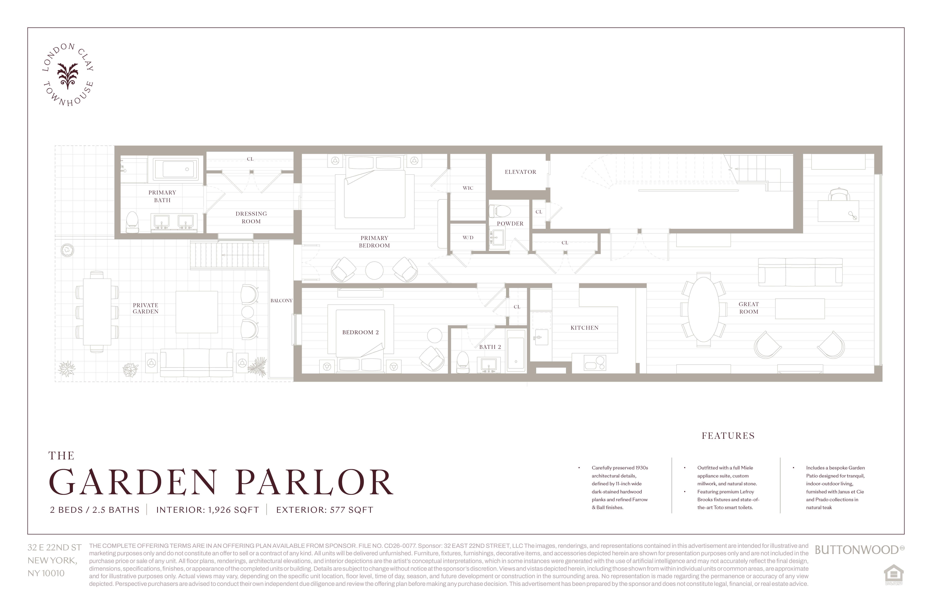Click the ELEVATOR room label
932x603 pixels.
[520, 172]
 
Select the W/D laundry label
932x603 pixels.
[468, 238]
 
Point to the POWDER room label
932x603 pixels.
[510, 224]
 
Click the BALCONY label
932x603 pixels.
[281, 301]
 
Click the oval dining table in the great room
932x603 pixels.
[704, 309]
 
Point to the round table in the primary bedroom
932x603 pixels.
[374, 270]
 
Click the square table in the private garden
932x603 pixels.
[197, 312]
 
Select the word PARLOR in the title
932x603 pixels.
[315, 482]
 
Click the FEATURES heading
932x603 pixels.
[728, 436]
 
